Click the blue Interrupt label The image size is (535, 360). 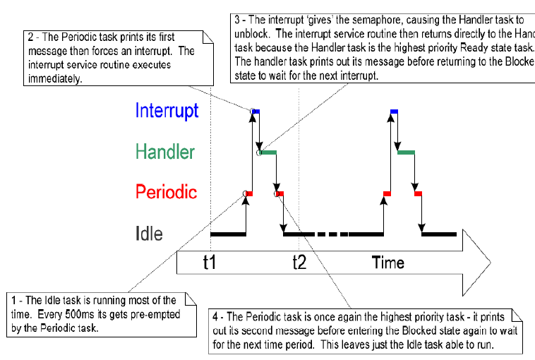point(167,111)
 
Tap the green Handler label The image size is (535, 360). point(165,152)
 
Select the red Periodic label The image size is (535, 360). point(166,193)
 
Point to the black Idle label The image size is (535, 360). point(148,234)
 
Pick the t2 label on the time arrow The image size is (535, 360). point(300,263)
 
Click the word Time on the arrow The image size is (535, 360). point(388,263)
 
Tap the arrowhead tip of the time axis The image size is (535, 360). point(488,263)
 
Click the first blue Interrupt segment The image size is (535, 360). point(256,111)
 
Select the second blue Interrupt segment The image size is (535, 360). point(394,111)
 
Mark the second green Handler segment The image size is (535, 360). point(407,152)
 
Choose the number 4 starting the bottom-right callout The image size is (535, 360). point(215,314)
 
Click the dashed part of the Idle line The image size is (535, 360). point(332,234)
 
